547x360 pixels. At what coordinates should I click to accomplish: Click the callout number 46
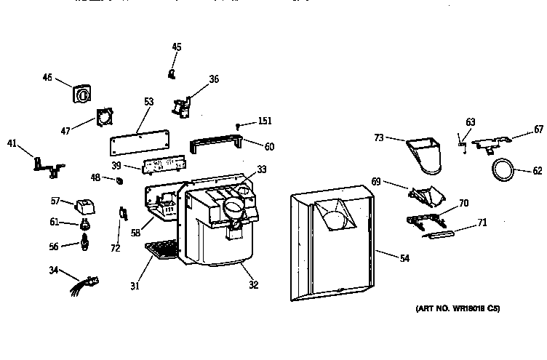[x=47, y=76]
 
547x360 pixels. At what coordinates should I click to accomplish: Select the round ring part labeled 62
[x=500, y=172]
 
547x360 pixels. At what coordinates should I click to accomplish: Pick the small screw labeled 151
[x=239, y=126]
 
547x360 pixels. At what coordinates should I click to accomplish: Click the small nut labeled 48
[x=118, y=179]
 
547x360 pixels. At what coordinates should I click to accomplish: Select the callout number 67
[x=538, y=129]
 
